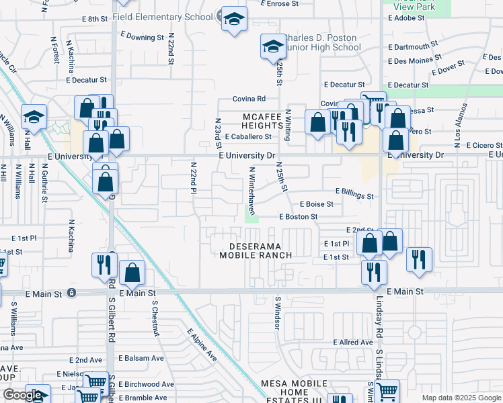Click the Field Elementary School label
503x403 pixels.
162,16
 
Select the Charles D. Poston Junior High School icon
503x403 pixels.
272,47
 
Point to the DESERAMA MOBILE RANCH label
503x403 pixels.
256,251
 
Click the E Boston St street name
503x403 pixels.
298,217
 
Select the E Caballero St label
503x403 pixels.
247,136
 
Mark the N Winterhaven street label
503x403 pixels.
252,191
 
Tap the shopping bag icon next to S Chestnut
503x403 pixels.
133,273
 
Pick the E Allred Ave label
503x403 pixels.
353,343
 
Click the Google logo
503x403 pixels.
23,395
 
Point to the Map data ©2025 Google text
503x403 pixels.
461,398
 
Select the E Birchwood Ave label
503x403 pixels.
145,385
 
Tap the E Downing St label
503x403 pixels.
142,36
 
